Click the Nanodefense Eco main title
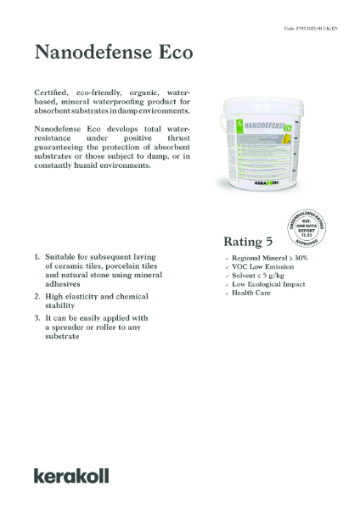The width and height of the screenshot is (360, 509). pyautogui.click(x=113, y=53)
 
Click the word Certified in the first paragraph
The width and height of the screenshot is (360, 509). pyautogui.click(x=53, y=90)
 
